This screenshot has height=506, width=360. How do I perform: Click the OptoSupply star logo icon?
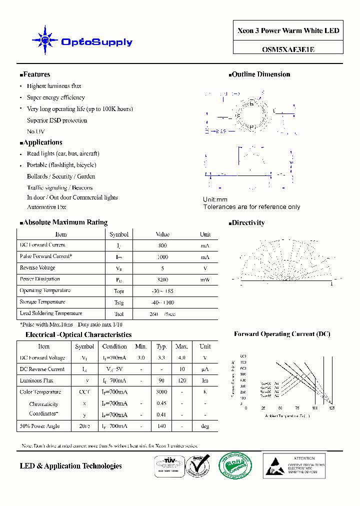(x=45, y=39)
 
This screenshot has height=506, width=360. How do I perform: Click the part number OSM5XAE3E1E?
(x=288, y=49)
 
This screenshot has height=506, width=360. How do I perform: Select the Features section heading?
(x=35, y=74)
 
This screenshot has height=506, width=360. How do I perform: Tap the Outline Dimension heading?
(x=260, y=74)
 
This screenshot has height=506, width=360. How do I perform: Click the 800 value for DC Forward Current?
(x=162, y=245)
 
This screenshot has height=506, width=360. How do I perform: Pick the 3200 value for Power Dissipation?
(x=162, y=280)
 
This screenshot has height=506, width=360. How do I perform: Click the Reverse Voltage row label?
(x=37, y=268)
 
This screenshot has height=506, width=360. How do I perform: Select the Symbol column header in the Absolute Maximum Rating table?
(x=119, y=234)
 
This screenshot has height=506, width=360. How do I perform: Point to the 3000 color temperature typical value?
(x=161, y=392)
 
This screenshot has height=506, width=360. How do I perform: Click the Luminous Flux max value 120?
(x=181, y=381)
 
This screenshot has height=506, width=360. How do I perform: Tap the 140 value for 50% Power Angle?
(x=161, y=426)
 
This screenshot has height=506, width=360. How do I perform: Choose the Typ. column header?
(x=161, y=346)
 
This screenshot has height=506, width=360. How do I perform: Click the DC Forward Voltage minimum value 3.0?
(x=141, y=358)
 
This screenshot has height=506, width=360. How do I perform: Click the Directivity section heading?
(x=247, y=223)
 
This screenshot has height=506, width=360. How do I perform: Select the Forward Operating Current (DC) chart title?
(x=282, y=334)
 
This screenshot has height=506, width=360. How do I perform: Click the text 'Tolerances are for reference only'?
(x=251, y=207)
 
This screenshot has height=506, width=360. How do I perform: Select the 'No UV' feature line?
(x=36, y=131)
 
